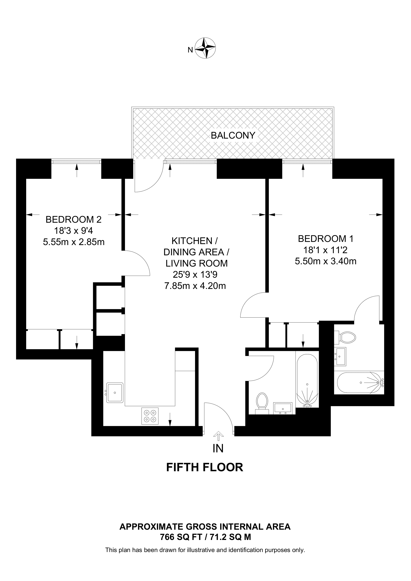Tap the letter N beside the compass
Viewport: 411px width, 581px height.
pyautogui.click(x=190, y=50)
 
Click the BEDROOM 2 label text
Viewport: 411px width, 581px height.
pyautogui.click(x=73, y=219)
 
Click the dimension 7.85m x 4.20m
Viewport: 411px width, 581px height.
pyautogui.click(x=195, y=286)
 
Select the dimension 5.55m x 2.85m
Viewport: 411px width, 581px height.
pyautogui.click(x=74, y=242)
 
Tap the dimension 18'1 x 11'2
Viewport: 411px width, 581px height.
pyautogui.click(x=325, y=250)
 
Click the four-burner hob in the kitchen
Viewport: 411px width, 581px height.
pyautogui.click(x=150, y=416)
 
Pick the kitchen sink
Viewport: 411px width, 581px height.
pyautogui.click(x=115, y=392)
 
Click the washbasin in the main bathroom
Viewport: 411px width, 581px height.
pyautogui.click(x=283, y=408)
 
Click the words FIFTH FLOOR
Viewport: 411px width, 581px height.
pyautogui.click(x=205, y=467)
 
